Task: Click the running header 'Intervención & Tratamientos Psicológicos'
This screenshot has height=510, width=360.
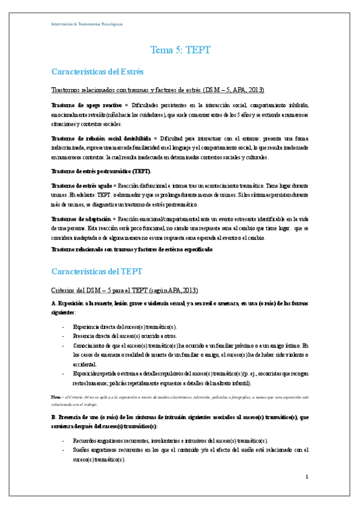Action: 86,24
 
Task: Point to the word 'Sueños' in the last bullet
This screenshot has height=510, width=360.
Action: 81,450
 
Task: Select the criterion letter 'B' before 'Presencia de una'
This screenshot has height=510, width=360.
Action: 53,416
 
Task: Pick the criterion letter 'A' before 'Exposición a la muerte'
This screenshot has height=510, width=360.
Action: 54,304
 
